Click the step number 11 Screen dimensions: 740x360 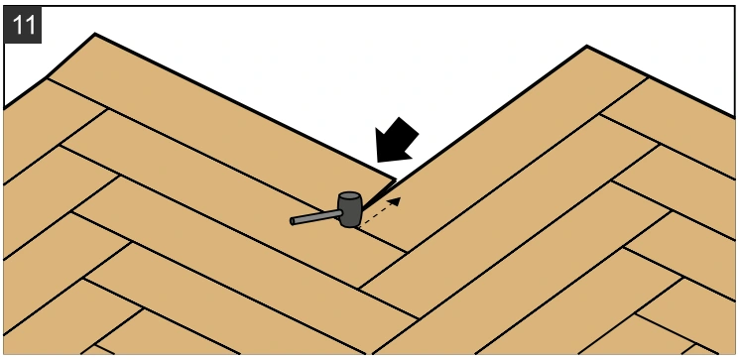(23, 25)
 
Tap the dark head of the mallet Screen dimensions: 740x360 (350, 210)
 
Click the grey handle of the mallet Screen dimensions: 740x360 (315, 217)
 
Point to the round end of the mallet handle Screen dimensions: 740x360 (292, 221)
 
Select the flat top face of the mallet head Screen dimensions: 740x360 (350, 195)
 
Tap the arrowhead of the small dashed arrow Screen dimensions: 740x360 (395, 201)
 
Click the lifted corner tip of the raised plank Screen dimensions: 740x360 (396, 180)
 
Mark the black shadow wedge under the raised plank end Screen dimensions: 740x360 (378, 194)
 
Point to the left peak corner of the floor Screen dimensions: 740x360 (95, 34)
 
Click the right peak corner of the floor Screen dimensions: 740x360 (586, 46)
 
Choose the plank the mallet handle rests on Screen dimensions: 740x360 (236, 198)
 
